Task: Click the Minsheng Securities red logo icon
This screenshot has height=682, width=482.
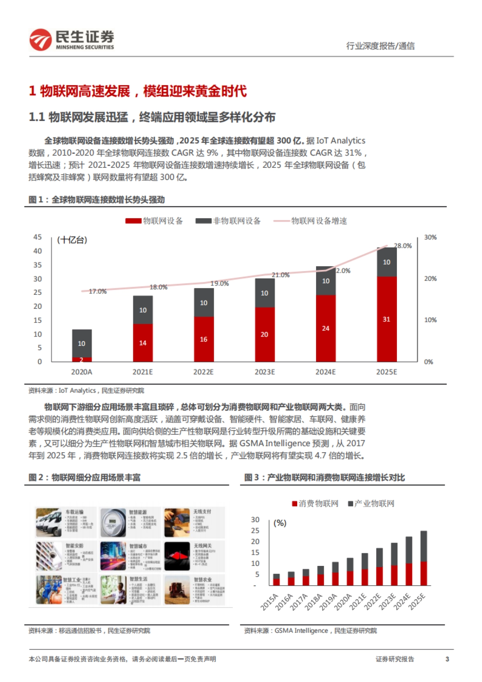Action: [x=41, y=40]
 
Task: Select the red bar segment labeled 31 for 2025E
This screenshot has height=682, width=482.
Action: [x=386, y=319]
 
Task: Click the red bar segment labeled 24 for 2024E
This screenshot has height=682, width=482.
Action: [x=325, y=328]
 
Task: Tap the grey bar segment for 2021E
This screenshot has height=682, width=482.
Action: [x=143, y=310]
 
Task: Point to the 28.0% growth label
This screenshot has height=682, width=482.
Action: [x=403, y=246]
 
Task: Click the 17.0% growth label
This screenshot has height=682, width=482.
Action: [x=98, y=291]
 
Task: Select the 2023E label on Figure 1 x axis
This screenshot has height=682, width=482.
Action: [x=265, y=372]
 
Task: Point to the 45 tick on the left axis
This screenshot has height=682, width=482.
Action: [x=37, y=237]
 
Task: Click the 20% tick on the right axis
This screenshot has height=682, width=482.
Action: [x=430, y=279]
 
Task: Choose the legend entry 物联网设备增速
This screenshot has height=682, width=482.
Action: [x=319, y=221]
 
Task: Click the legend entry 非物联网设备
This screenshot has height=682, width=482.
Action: [x=237, y=221]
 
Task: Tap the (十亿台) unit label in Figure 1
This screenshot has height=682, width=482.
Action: [x=72, y=240]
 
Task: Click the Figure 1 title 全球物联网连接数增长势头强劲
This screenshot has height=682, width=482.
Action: [x=108, y=200]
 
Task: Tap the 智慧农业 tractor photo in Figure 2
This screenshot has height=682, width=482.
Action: [x=177, y=590]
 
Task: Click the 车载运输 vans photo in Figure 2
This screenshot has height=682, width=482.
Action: [x=49, y=523]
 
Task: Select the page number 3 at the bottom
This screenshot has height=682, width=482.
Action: [x=447, y=659]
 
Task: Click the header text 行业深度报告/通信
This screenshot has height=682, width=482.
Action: [x=380, y=46]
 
